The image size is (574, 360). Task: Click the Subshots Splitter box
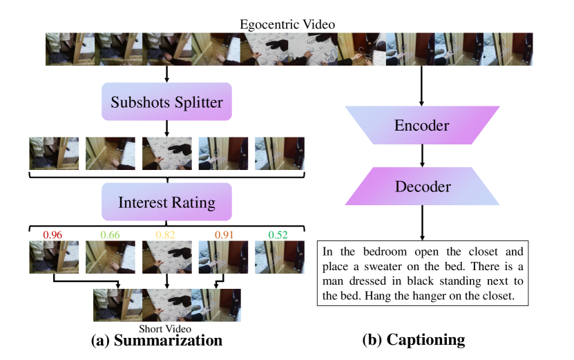166,104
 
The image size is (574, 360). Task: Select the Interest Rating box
166,202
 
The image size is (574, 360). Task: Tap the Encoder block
421,126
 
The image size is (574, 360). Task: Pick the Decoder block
421,187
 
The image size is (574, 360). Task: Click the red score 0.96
53,235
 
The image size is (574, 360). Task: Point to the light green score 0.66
109,235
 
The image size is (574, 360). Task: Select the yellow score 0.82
166,235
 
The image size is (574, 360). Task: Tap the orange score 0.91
222,235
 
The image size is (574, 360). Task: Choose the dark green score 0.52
278,235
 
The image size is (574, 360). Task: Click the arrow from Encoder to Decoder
421,156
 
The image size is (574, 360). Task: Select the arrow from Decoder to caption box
421,221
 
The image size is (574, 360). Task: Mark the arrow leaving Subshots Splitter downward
166,127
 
